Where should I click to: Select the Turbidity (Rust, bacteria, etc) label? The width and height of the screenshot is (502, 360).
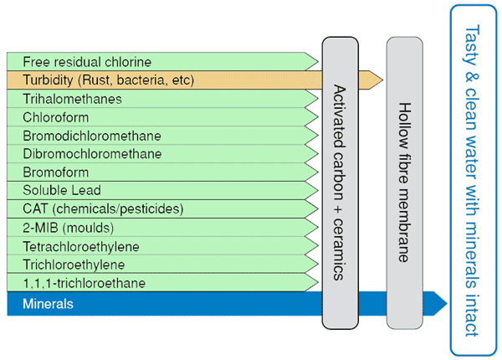tap(109, 80)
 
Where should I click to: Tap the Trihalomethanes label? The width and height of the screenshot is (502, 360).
tap(72, 99)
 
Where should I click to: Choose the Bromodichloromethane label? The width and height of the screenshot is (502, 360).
tap(92, 136)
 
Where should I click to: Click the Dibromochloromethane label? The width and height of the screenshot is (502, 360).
tap(92, 154)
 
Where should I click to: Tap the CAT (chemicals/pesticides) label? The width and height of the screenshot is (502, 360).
tap(103, 208)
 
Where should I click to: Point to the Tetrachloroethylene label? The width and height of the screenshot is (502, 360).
tap(81, 245)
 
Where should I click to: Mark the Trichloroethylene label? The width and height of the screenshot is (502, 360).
tap(76, 264)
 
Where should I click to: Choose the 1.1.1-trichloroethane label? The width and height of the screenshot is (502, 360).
tap(84, 282)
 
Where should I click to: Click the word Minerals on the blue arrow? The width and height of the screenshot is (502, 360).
tap(49, 304)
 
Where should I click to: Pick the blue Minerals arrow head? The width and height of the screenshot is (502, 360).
tap(440, 303)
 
